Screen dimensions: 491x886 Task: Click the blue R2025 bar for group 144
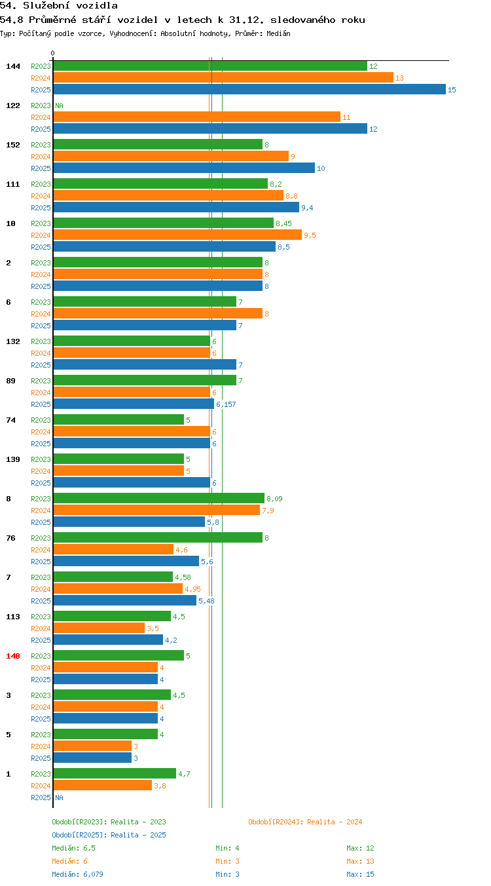click(249, 89)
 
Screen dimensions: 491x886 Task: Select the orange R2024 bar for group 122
click(197, 117)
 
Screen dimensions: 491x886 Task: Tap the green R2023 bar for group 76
click(158, 537)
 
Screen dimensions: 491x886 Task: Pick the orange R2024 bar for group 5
click(93, 746)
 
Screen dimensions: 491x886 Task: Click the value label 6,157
click(226, 404)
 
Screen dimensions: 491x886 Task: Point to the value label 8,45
click(283, 223)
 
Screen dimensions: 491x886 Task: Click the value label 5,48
click(206, 601)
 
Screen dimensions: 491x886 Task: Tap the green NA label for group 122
click(60, 106)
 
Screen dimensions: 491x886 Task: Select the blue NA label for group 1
click(60, 798)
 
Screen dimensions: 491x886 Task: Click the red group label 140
click(13, 656)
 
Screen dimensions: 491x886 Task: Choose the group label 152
click(13, 145)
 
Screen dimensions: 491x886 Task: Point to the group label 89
click(10, 381)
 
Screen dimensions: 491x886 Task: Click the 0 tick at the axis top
click(52, 53)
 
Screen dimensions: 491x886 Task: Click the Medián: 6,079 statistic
click(77, 874)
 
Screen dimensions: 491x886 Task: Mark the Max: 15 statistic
click(360, 874)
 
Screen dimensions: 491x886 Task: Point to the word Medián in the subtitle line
click(278, 33)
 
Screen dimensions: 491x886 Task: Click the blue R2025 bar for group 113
click(108, 640)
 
